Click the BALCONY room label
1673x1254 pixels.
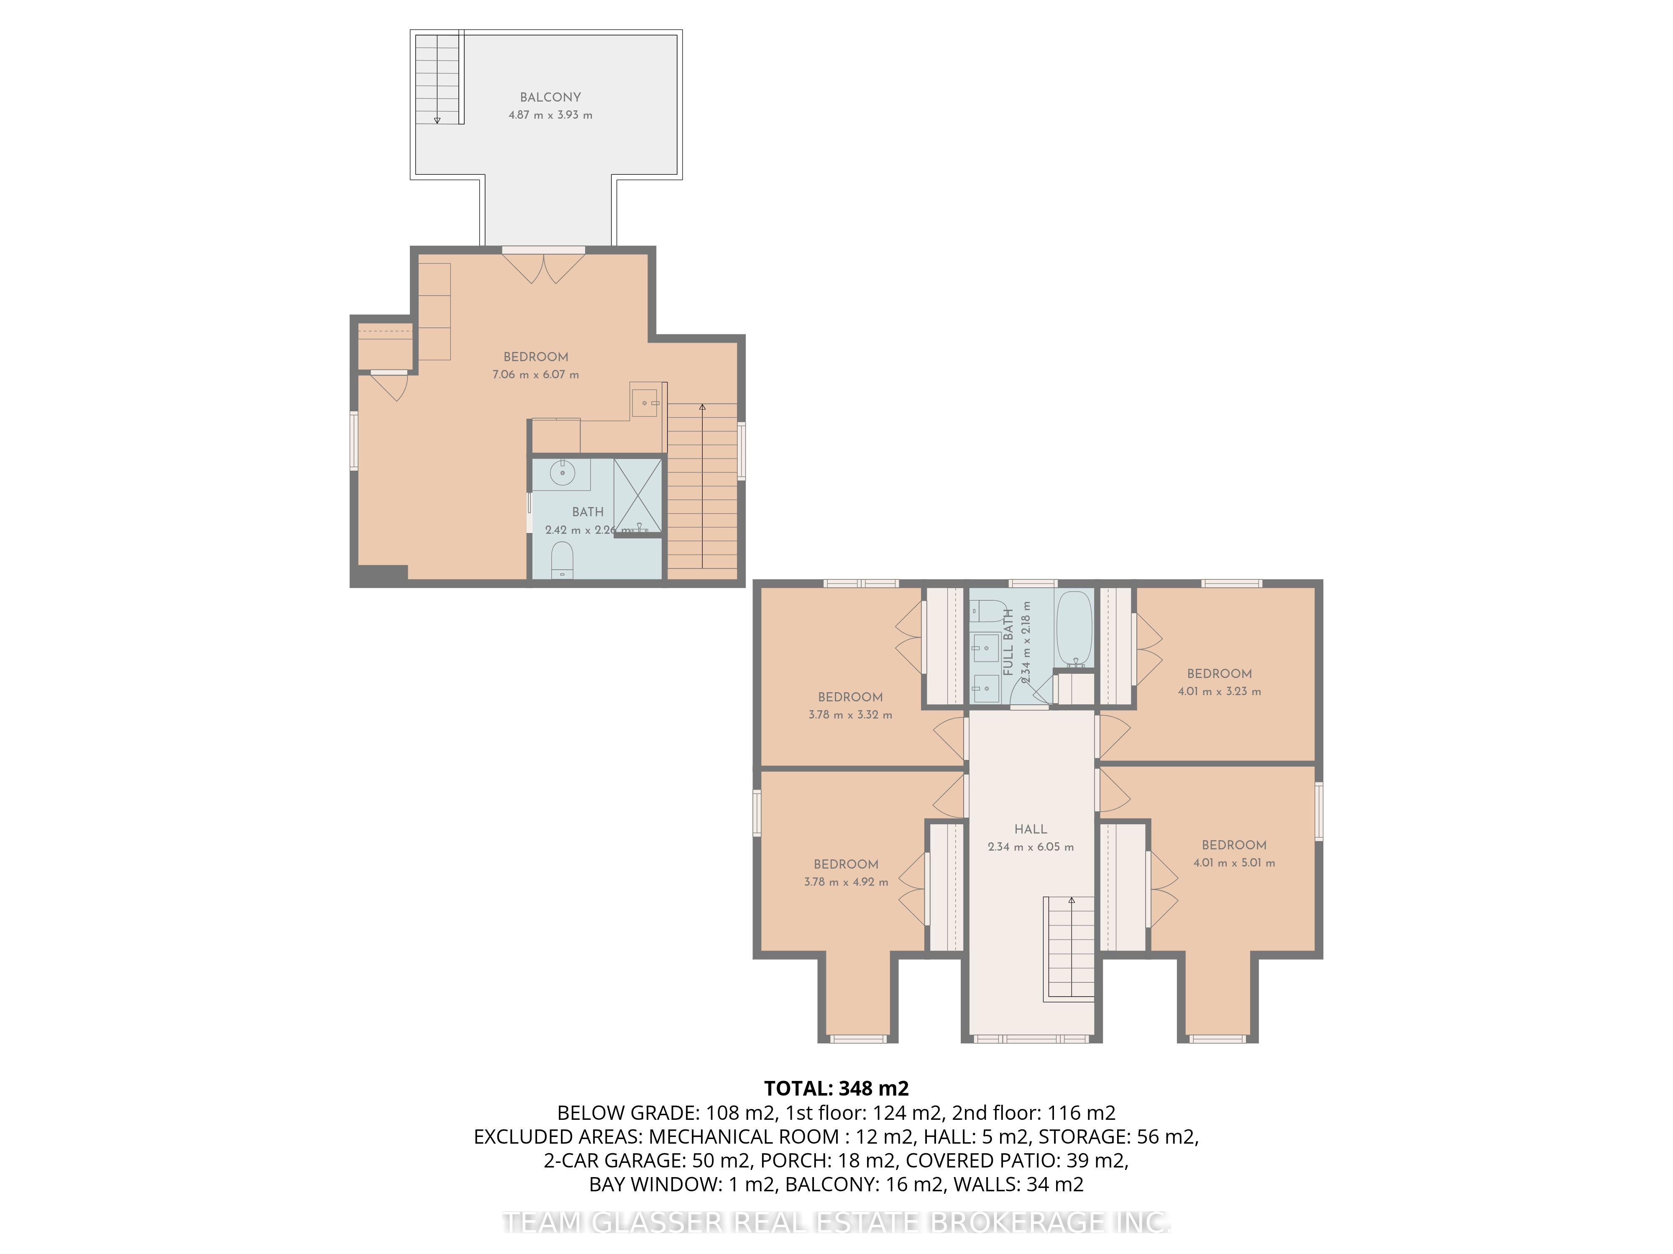click(x=550, y=97)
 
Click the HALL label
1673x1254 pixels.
click(x=1030, y=829)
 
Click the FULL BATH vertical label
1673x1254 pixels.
click(x=1008, y=642)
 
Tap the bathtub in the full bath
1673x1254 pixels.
click(x=1073, y=629)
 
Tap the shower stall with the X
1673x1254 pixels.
click(x=637, y=495)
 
